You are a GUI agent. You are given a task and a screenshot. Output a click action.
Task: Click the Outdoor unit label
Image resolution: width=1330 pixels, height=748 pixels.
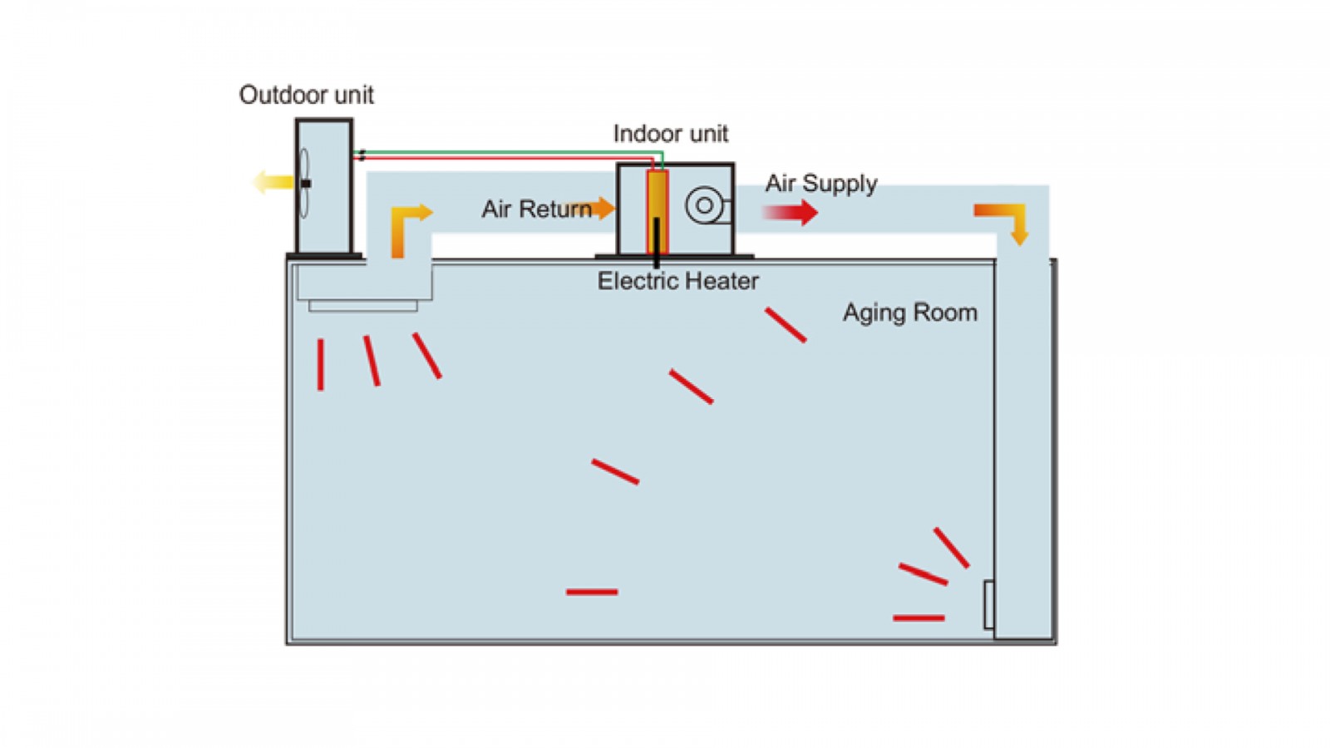coord(306,95)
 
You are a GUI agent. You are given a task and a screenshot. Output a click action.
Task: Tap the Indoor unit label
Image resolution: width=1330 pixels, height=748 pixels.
coord(670,134)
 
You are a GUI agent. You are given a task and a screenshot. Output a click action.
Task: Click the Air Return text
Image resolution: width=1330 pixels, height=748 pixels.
coord(536,209)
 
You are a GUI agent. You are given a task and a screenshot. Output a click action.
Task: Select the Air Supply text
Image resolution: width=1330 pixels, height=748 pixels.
coord(821,184)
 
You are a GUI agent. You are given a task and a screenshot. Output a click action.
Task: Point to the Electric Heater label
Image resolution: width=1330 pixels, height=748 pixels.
coord(677,282)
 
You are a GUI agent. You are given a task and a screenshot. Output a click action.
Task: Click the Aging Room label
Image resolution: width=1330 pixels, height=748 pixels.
coord(910,312)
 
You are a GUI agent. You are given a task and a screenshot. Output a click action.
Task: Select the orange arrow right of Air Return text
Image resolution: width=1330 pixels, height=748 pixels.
coord(603,208)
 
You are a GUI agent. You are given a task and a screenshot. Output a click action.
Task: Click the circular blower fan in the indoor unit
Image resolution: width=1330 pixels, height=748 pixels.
coord(704,205)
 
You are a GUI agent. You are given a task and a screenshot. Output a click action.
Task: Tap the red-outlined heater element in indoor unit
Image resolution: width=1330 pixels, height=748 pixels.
coord(658,212)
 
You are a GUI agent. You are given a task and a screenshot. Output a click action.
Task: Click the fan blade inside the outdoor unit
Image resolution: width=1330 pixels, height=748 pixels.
coord(304,183)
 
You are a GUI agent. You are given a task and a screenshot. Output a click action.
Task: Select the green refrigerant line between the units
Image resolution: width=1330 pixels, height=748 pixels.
coord(507,152)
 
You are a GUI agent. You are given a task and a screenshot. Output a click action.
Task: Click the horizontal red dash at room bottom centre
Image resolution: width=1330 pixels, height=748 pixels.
coord(592,592)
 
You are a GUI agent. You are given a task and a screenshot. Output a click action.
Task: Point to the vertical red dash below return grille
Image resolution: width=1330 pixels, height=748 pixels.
coord(321,364)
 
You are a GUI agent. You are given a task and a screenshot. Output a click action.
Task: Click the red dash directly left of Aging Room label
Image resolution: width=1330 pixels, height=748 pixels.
coord(786,325)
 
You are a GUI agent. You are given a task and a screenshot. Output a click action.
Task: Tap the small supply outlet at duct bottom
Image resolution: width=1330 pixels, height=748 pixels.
coord(988,605)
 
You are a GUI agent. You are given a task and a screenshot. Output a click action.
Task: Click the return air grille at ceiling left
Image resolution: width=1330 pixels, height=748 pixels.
coord(363,306)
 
